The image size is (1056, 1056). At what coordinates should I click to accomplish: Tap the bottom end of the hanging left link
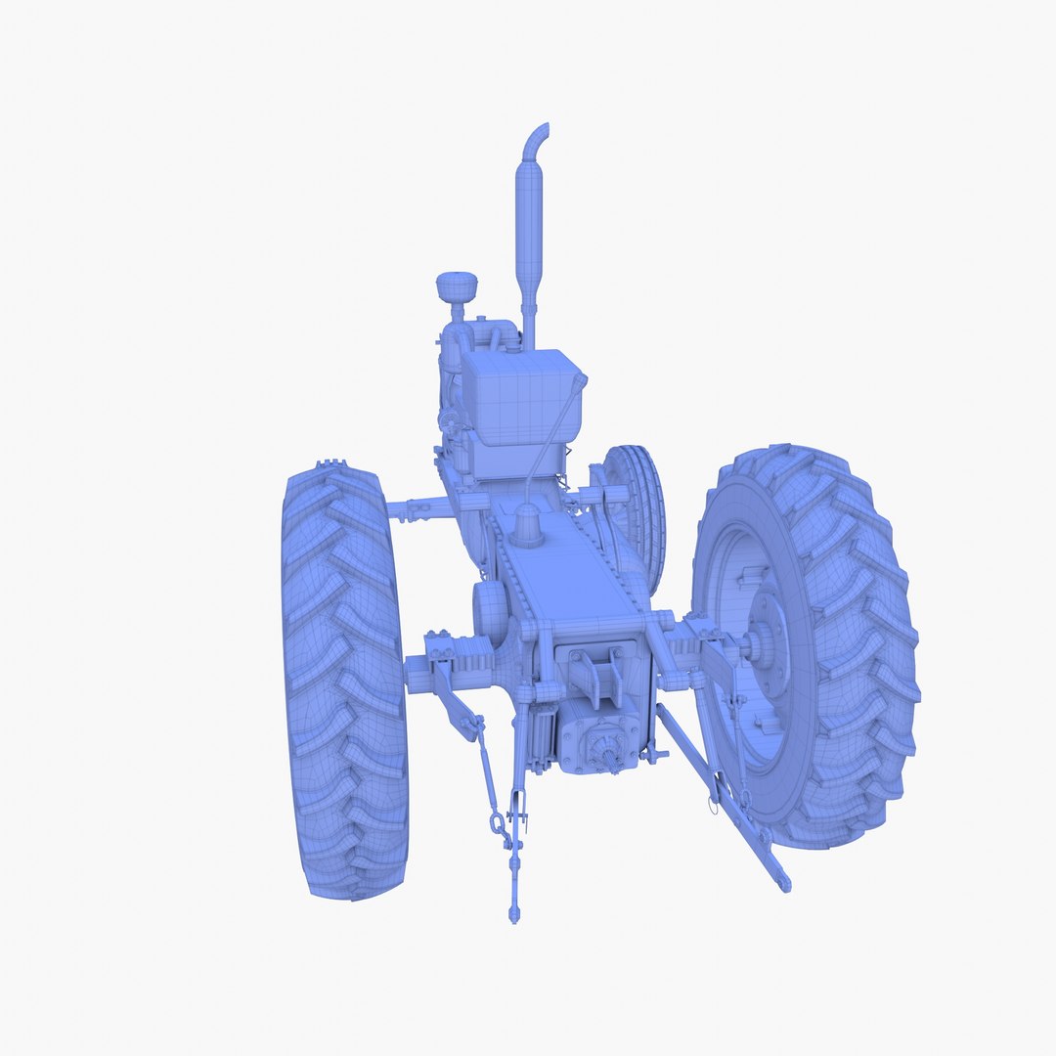coord(514,913)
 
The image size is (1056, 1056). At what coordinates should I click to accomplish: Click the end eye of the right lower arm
coord(783,883)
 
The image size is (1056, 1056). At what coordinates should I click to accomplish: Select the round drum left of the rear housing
coord(489,610)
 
